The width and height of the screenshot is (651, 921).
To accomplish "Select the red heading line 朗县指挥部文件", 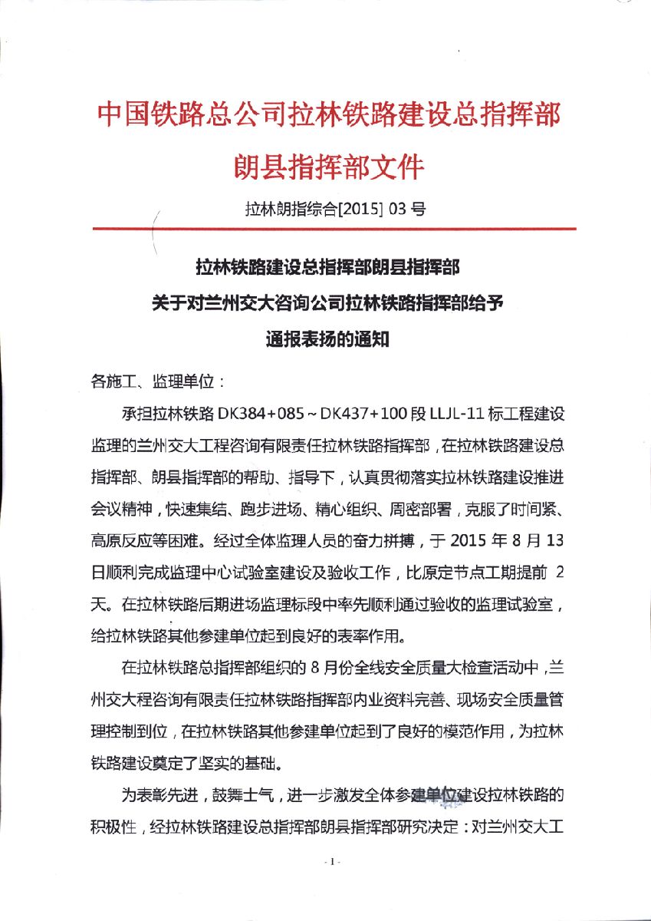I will tap(328, 166).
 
